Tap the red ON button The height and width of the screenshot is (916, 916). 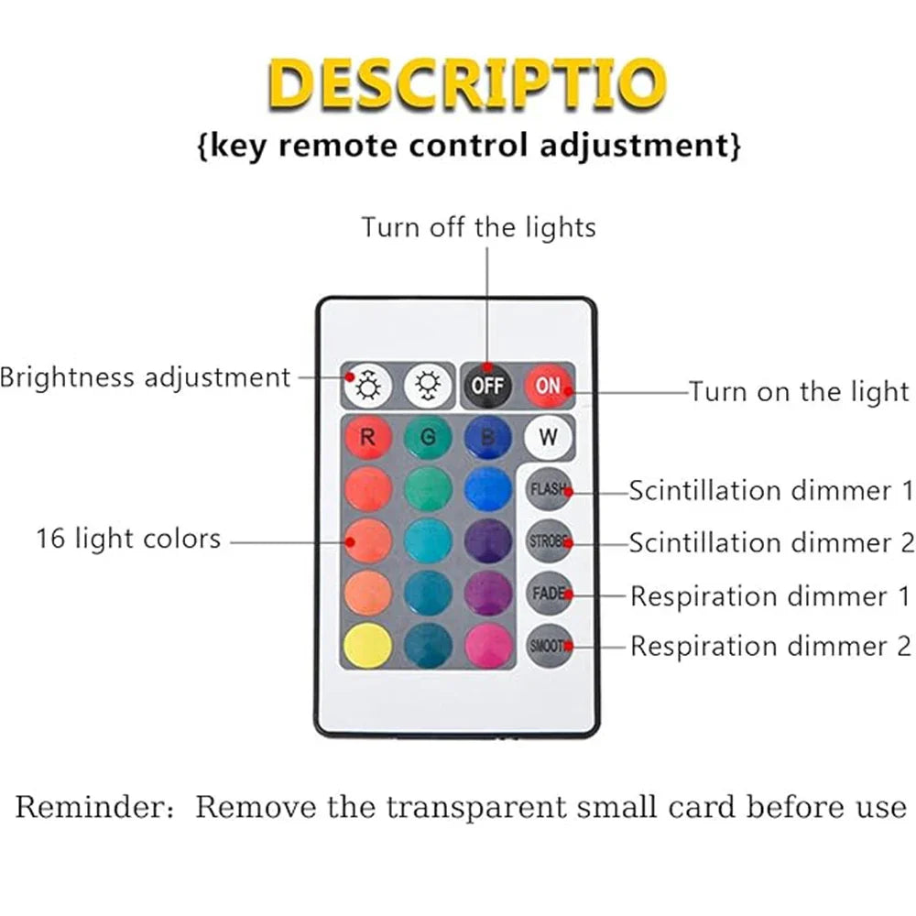(548, 386)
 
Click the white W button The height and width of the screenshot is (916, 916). (548, 437)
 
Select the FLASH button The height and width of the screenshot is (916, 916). (549, 490)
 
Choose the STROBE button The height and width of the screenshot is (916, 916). (549, 541)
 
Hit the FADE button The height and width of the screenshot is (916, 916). (549, 594)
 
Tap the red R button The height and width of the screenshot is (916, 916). (368, 437)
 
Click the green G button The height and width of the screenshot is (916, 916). (428, 437)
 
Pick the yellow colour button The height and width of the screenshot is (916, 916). (368, 645)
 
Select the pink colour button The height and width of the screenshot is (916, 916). (487, 645)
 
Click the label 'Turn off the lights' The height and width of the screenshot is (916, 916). (478, 226)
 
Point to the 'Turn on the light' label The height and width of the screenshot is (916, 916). (798, 392)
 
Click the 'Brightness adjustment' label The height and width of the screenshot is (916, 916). (145, 376)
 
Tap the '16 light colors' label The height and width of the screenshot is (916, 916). (128, 538)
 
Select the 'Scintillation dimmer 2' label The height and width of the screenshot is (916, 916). (771, 542)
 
